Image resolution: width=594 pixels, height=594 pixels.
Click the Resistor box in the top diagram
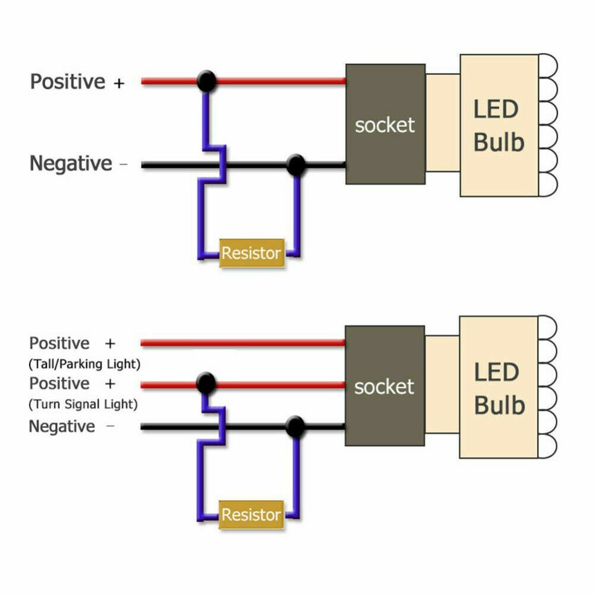point(252,253)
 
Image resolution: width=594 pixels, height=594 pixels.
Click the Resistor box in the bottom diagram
point(252,515)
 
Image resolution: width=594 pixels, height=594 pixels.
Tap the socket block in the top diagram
point(385,124)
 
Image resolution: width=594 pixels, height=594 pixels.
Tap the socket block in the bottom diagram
point(384,386)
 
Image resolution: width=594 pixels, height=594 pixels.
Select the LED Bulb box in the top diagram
point(499,126)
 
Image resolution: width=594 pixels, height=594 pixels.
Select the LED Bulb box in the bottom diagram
point(499,387)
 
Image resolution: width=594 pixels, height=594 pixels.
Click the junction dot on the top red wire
point(207,81)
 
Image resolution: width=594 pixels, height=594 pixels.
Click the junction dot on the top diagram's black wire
point(296,165)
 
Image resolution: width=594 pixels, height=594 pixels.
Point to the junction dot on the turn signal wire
point(206,384)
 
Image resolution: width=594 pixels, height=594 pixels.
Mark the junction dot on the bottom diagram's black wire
point(296,427)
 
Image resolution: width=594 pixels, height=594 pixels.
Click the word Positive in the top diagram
point(68,82)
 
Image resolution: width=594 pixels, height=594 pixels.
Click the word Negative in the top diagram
point(71,164)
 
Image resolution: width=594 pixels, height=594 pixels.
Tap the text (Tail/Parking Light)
point(85,364)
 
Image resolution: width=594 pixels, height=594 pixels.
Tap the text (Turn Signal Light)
point(83,405)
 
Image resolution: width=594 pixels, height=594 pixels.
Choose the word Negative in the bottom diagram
point(62,426)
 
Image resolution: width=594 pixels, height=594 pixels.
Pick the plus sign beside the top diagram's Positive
point(119,82)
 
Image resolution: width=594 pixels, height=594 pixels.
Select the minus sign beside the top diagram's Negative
point(123,165)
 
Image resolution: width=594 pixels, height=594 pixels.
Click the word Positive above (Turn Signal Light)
point(59,384)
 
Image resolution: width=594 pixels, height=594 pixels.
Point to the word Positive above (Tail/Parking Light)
point(59,343)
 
